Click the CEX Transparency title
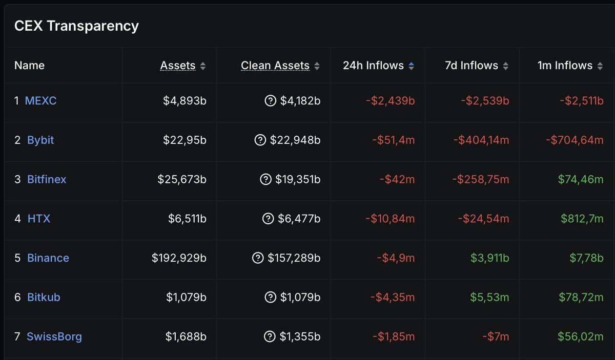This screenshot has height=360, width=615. point(76,26)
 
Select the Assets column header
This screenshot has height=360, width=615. point(177,66)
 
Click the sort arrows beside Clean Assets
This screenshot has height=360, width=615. point(317,66)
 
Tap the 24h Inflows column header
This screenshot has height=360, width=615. point(374,66)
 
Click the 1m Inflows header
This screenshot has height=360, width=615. point(565,66)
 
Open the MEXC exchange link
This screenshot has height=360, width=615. point(40,101)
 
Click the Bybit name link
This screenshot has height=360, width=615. point(40,140)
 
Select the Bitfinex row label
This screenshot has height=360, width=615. point(47,179)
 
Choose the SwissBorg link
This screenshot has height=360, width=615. point(54,336)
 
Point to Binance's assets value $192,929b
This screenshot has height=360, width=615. point(179,258)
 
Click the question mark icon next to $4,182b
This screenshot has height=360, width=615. point(270,101)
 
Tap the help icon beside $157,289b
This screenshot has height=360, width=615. point(258,258)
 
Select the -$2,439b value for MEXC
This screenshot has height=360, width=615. point(390,101)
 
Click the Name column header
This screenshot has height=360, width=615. point(29,66)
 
